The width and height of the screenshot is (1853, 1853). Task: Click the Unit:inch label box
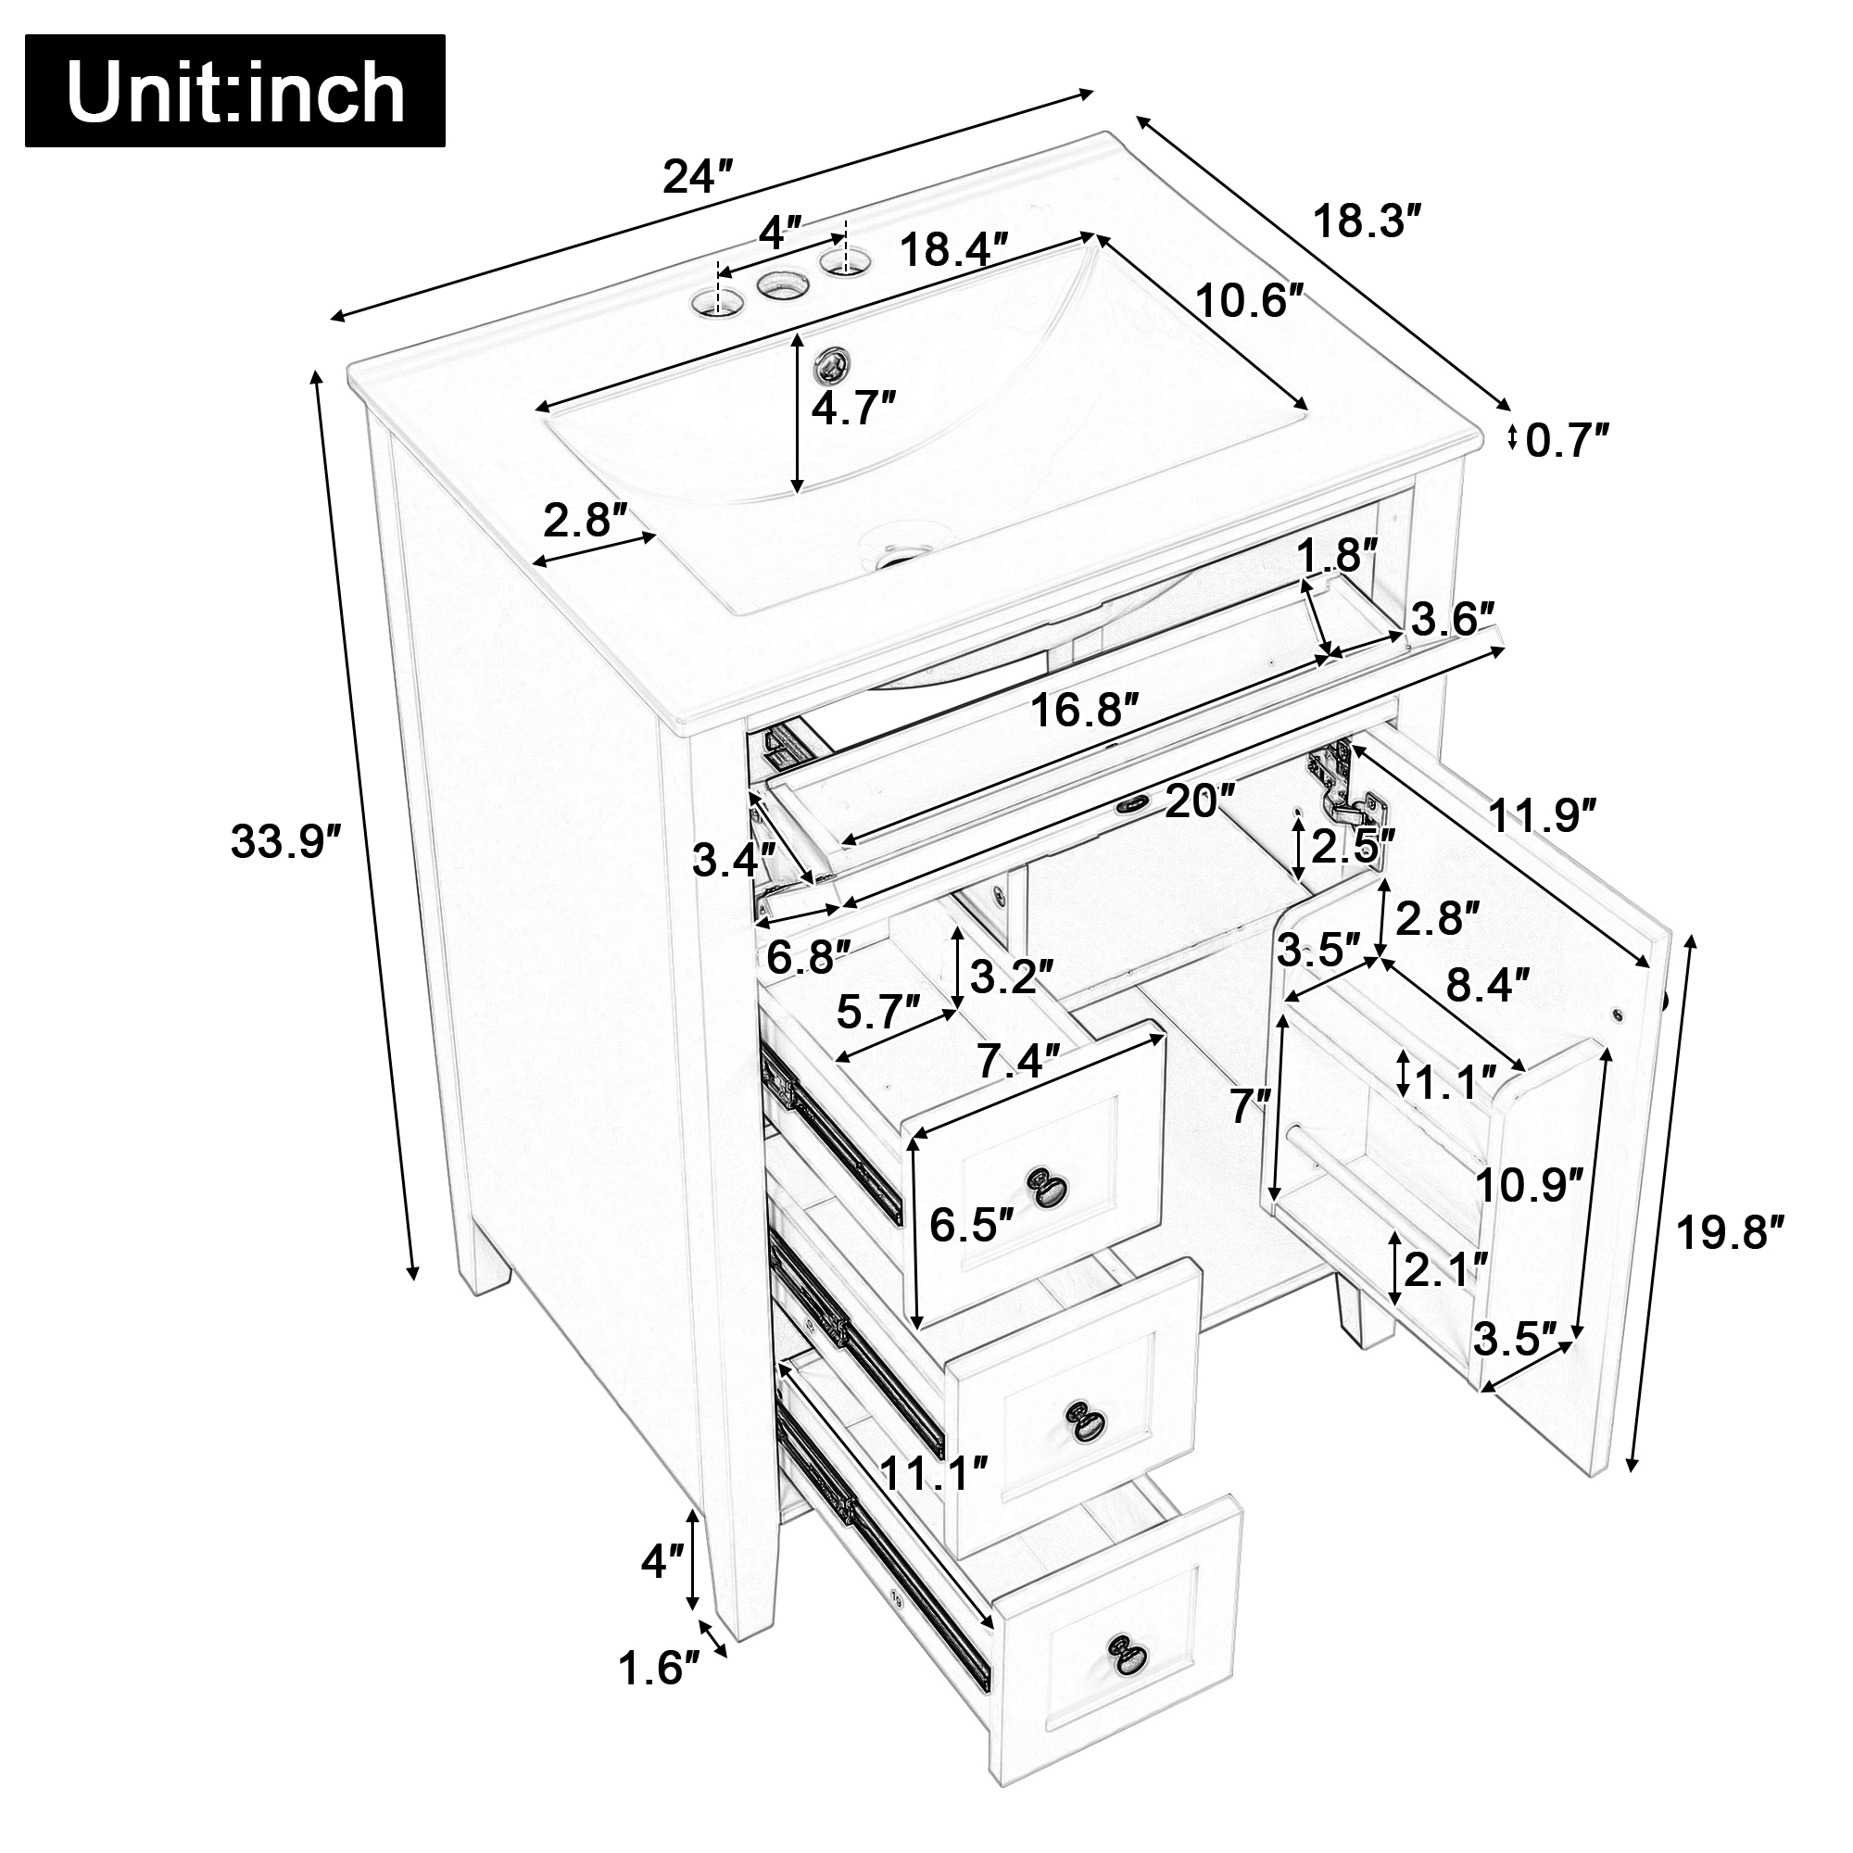pyautogui.click(x=235, y=91)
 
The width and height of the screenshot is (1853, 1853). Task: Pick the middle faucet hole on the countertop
pyautogui.click(x=780, y=284)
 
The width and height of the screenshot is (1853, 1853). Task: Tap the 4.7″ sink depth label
pyautogui.click(x=853, y=410)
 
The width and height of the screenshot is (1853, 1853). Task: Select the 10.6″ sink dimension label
pyautogui.click(x=1251, y=302)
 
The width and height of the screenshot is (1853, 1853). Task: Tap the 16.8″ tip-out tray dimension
pyautogui.click(x=1086, y=712)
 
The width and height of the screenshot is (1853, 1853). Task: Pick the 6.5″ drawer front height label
pyautogui.click(x=972, y=1225)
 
